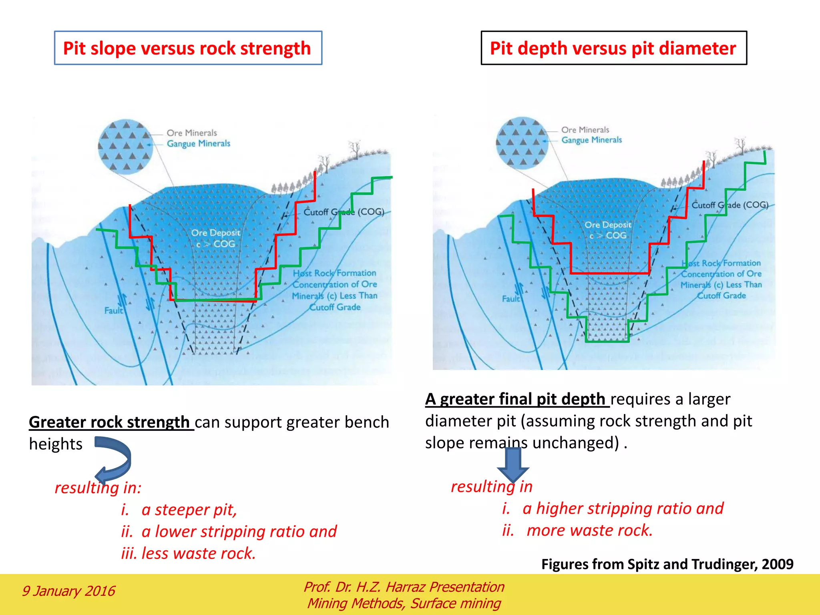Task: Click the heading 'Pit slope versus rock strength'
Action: [187, 48]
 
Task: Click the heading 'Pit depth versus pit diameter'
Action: [613, 48]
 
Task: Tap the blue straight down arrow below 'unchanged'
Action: [513, 464]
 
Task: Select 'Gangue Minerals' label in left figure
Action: [198, 143]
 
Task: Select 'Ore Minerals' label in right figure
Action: [585, 130]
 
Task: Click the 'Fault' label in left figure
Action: [114, 310]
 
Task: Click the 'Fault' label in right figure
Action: [511, 299]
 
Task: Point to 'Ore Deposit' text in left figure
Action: [215, 233]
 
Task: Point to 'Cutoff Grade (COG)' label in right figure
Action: [730, 205]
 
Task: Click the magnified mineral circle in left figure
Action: [125, 147]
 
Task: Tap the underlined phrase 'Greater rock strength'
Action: [109, 422]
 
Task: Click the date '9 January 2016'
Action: [68, 591]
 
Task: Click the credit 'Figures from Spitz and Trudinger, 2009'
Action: [667, 564]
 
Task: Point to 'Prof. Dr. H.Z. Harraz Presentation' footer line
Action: [404, 587]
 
